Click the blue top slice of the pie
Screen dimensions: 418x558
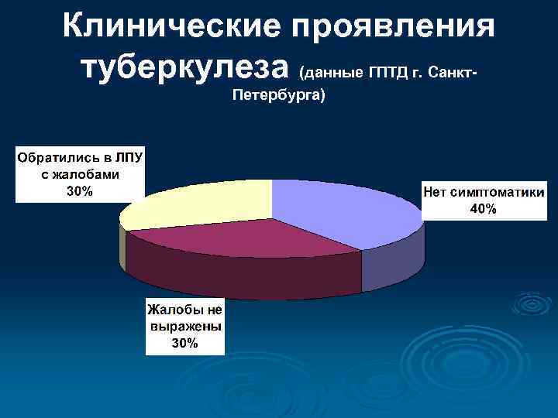tap(341, 209)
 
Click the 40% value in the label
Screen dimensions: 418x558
tap(484, 209)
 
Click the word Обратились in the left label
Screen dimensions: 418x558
tap(55, 158)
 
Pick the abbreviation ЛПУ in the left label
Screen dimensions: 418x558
tap(128, 158)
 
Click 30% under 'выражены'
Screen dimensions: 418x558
tap(185, 343)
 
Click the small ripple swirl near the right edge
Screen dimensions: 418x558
tap(533, 303)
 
